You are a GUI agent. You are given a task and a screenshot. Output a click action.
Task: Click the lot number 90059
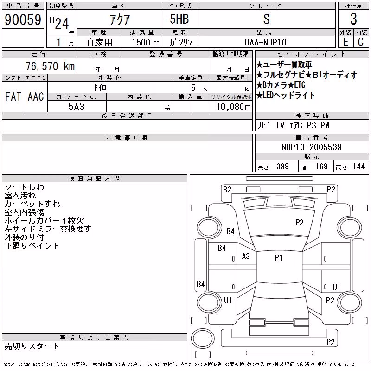23,19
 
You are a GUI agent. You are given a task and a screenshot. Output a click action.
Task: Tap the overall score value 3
353,19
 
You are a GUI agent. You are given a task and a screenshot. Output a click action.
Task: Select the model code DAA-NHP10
265,42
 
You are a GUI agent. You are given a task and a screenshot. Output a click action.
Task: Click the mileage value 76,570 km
50,66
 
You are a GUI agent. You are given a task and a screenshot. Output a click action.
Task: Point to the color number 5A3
77,107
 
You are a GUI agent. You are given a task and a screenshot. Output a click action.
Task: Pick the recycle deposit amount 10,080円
234,107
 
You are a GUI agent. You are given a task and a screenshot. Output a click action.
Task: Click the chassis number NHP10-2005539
311,147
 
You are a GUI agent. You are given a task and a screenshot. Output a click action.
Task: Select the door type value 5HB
179,19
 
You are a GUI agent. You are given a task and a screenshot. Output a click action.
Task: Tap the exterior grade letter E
345,42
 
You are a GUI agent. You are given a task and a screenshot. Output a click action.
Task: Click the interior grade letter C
361,42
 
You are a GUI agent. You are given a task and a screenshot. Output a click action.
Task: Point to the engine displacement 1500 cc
146,42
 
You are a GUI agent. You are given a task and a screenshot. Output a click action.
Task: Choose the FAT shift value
13,96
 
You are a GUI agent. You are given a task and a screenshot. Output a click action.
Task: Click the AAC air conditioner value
36,96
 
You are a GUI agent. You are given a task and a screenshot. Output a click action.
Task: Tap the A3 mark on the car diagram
246,256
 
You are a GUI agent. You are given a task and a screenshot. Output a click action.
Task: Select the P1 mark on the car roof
279,258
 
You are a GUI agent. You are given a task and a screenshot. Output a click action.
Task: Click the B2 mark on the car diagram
227,190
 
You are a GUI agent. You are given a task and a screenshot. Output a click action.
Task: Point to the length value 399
282,166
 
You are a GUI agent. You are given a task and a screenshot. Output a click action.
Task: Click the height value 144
358,166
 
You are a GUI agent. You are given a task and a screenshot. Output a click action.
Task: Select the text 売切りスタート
32,346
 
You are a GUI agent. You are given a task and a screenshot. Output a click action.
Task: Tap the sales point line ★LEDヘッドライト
286,95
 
